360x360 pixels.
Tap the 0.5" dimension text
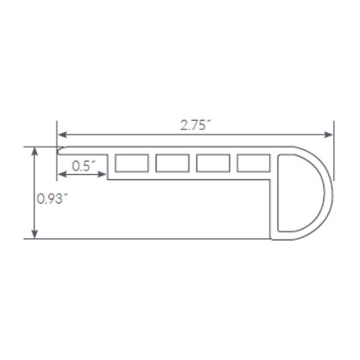tap(83, 165)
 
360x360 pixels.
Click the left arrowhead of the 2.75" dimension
tap(62, 134)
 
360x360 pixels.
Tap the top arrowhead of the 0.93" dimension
tap(34, 150)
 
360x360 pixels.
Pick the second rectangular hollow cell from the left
tap(171, 163)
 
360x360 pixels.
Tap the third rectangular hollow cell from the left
tap(212, 163)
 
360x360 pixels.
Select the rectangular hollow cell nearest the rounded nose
tap(253, 163)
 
